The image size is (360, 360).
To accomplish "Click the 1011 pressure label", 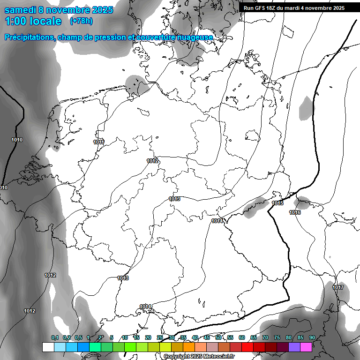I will click(x=98, y=142).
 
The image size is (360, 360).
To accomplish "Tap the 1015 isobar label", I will click(x=277, y=203).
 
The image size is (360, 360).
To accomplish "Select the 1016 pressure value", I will click(x=295, y=213).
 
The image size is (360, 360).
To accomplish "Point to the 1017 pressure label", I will click(x=338, y=287).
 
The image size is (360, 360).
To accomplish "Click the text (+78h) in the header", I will click(x=81, y=21).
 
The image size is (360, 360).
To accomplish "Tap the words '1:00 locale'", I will click(x=33, y=21).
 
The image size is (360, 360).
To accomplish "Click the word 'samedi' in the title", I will click(x=21, y=9).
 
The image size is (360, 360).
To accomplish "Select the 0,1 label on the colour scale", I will click(x=54, y=337).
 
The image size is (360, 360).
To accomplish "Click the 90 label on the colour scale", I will click(x=312, y=337).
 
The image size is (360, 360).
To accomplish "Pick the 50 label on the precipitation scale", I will click(x=218, y=337).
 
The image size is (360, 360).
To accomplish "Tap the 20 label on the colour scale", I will click(x=148, y=337).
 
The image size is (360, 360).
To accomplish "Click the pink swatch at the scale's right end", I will click(x=306, y=347).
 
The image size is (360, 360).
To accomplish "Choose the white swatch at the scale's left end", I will click(x=48, y=347).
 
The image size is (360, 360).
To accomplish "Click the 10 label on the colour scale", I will click(x=125, y=337).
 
